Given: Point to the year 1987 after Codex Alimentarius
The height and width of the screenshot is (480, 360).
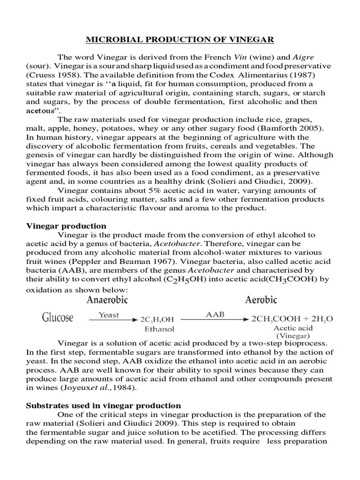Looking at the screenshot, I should click(294, 74).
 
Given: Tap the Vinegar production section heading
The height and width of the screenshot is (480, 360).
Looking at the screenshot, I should click(66, 226).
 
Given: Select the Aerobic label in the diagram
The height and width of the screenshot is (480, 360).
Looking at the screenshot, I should click(261, 300).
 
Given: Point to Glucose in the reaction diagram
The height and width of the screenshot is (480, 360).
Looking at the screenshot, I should click(58, 318).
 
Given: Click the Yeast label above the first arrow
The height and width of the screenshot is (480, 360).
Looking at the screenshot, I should click(109, 315).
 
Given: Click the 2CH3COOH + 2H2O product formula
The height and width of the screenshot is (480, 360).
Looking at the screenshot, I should click(292, 319).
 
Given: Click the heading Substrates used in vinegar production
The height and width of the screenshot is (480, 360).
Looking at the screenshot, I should click(103, 405).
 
